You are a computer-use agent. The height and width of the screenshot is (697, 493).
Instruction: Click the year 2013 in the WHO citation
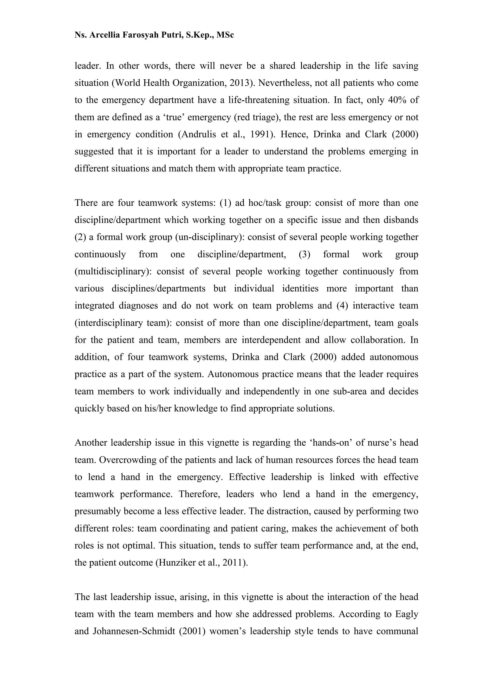click(238, 83)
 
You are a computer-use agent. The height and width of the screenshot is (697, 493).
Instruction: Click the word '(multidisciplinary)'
click(113, 271)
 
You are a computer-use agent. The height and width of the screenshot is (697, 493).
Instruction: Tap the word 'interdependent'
click(271, 340)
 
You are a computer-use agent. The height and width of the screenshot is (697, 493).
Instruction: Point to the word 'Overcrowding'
click(128, 460)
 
